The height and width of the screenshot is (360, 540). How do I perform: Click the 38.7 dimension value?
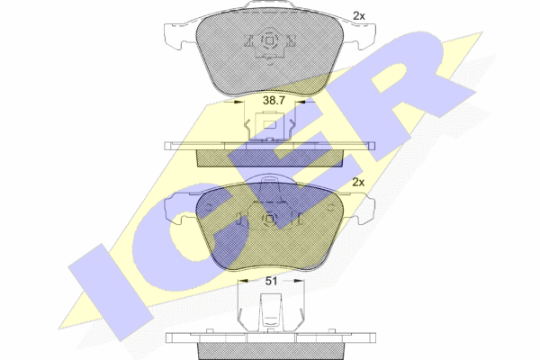click(x=274, y=101)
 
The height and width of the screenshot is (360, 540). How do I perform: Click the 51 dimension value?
click(x=271, y=281)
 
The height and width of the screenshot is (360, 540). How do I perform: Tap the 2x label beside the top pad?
click(x=358, y=16)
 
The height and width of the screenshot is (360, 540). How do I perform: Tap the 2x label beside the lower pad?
click(x=358, y=182)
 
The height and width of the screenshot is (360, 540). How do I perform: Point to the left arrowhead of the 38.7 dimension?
click(x=238, y=102)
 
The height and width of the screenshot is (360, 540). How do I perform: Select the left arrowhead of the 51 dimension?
click(x=243, y=281)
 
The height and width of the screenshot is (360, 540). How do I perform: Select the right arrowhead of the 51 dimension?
click(x=299, y=281)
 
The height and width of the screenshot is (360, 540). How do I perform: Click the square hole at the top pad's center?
click(x=270, y=41)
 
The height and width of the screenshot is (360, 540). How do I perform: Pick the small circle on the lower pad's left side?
click(x=209, y=207)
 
